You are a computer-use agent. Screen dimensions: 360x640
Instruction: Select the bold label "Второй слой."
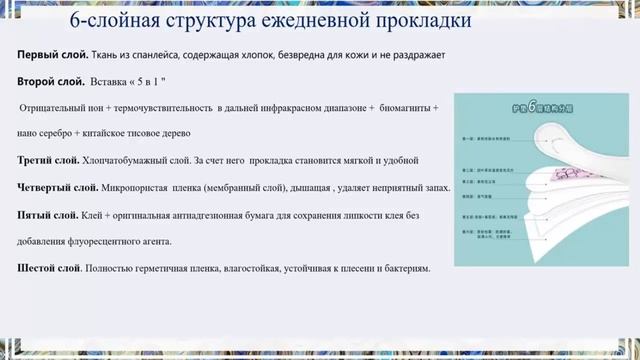[50, 80]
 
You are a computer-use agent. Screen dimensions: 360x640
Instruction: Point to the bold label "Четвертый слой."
[58, 187]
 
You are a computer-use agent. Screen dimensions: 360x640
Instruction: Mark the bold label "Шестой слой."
[51, 268]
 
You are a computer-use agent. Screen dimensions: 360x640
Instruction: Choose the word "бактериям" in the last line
[401, 268]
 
